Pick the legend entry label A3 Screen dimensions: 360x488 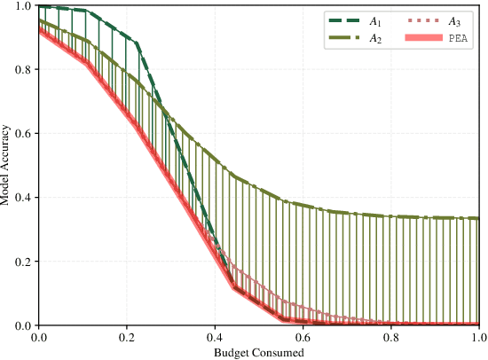[x=455, y=20]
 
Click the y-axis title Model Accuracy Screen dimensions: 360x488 [x=6, y=166]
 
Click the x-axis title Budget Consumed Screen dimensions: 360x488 [x=258, y=353]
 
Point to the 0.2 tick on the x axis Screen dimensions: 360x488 [x=127, y=338]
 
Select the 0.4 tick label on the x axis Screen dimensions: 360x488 [x=215, y=338]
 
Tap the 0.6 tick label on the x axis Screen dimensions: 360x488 [x=303, y=338]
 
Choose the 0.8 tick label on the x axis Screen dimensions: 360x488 [x=390, y=338]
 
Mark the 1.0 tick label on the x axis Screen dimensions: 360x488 [x=478, y=338]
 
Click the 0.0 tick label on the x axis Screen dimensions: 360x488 [x=39, y=338]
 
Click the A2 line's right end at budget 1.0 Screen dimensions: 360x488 [x=478, y=218]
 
